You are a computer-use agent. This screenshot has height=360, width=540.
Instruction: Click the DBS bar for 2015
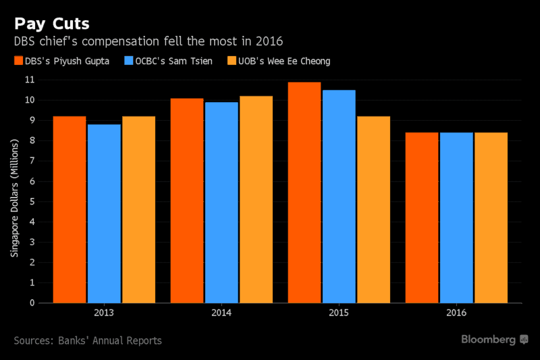coord(304,192)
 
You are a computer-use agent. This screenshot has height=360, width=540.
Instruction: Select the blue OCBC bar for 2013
coord(105,213)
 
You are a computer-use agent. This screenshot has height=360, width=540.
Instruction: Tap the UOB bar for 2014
coord(256,199)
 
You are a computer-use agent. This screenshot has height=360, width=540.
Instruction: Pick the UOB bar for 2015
coord(373,209)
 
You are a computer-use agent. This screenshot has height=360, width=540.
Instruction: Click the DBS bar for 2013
coord(70,209)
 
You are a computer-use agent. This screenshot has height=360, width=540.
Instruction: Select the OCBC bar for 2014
coord(221,203)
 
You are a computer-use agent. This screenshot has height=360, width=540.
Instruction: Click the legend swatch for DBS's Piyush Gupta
coord(18,61)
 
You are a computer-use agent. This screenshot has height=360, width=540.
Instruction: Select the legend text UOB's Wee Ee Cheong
coord(286,61)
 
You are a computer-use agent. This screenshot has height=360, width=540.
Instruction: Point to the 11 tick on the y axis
coord(30,80)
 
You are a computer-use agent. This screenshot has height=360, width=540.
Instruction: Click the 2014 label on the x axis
coord(221,313)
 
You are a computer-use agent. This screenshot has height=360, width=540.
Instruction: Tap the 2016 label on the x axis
coord(456,313)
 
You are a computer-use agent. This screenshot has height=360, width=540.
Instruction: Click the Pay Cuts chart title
coord(51,24)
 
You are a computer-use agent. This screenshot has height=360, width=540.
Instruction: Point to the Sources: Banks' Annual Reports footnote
coord(88,340)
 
